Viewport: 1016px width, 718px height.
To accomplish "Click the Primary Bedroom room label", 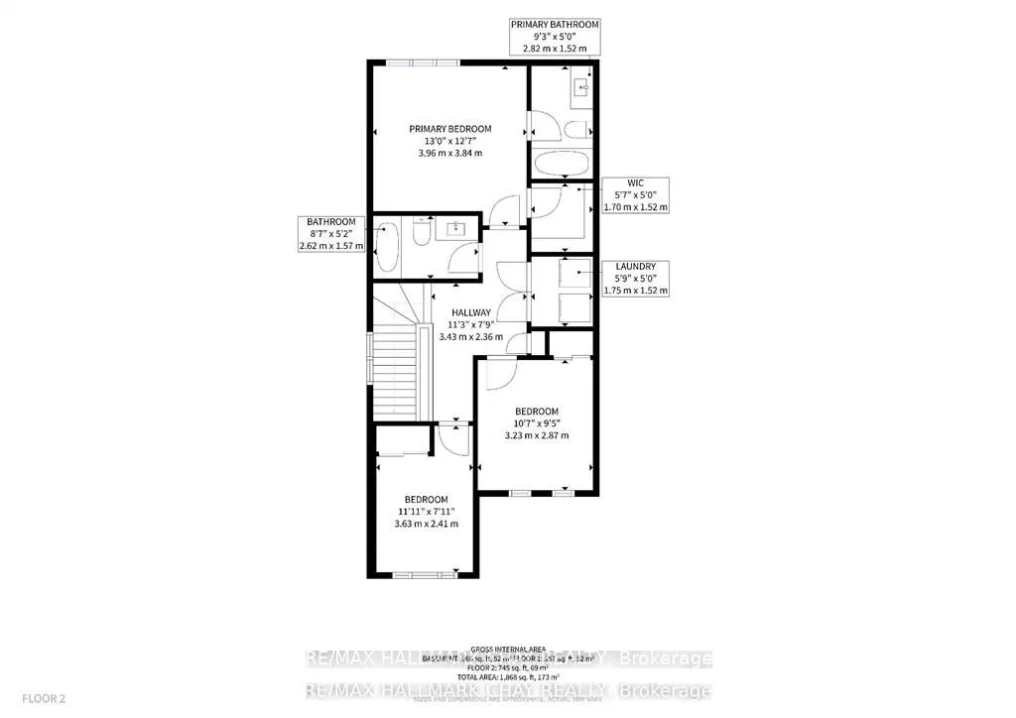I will pos(450,141).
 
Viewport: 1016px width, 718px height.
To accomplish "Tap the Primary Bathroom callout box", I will pos(555,35).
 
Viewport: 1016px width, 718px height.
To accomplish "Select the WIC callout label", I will pos(636,195).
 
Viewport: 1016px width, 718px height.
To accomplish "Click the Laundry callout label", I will pos(636,279).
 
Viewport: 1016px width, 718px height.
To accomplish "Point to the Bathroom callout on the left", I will pos(330,233).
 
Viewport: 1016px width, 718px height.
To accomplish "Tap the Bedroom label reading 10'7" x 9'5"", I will pos(536,423).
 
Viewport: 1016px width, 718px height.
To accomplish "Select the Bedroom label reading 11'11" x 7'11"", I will pos(425,511).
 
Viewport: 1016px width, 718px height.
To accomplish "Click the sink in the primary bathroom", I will pos(580,89).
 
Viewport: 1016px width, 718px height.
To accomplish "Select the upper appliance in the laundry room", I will pos(572,274).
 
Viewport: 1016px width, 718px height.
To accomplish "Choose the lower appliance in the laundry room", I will pos(572,307).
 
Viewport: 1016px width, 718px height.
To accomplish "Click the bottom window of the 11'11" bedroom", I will pos(416,574).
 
